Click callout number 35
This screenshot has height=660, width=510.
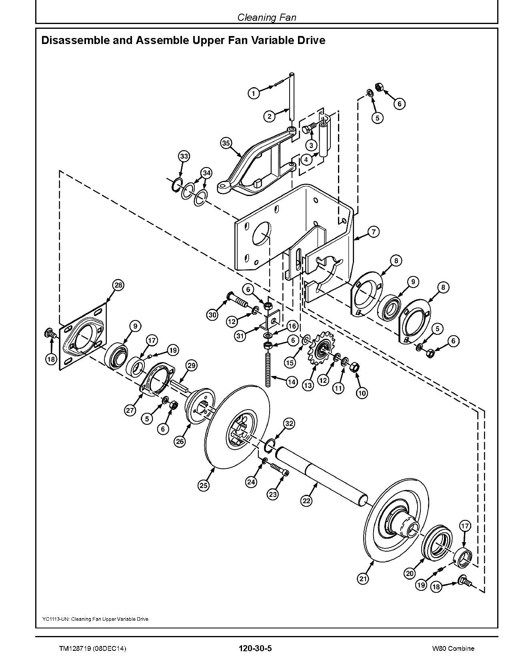click(226, 143)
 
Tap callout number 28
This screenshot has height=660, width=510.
click(118, 285)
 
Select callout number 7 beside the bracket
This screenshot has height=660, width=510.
click(373, 232)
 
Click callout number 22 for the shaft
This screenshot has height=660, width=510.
click(306, 500)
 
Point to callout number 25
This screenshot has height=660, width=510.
click(203, 485)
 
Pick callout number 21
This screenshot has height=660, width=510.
click(363, 578)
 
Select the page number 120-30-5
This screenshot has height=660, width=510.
click(255, 648)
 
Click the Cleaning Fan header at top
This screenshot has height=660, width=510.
click(266, 18)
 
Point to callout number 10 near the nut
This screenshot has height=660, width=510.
click(362, 393)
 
